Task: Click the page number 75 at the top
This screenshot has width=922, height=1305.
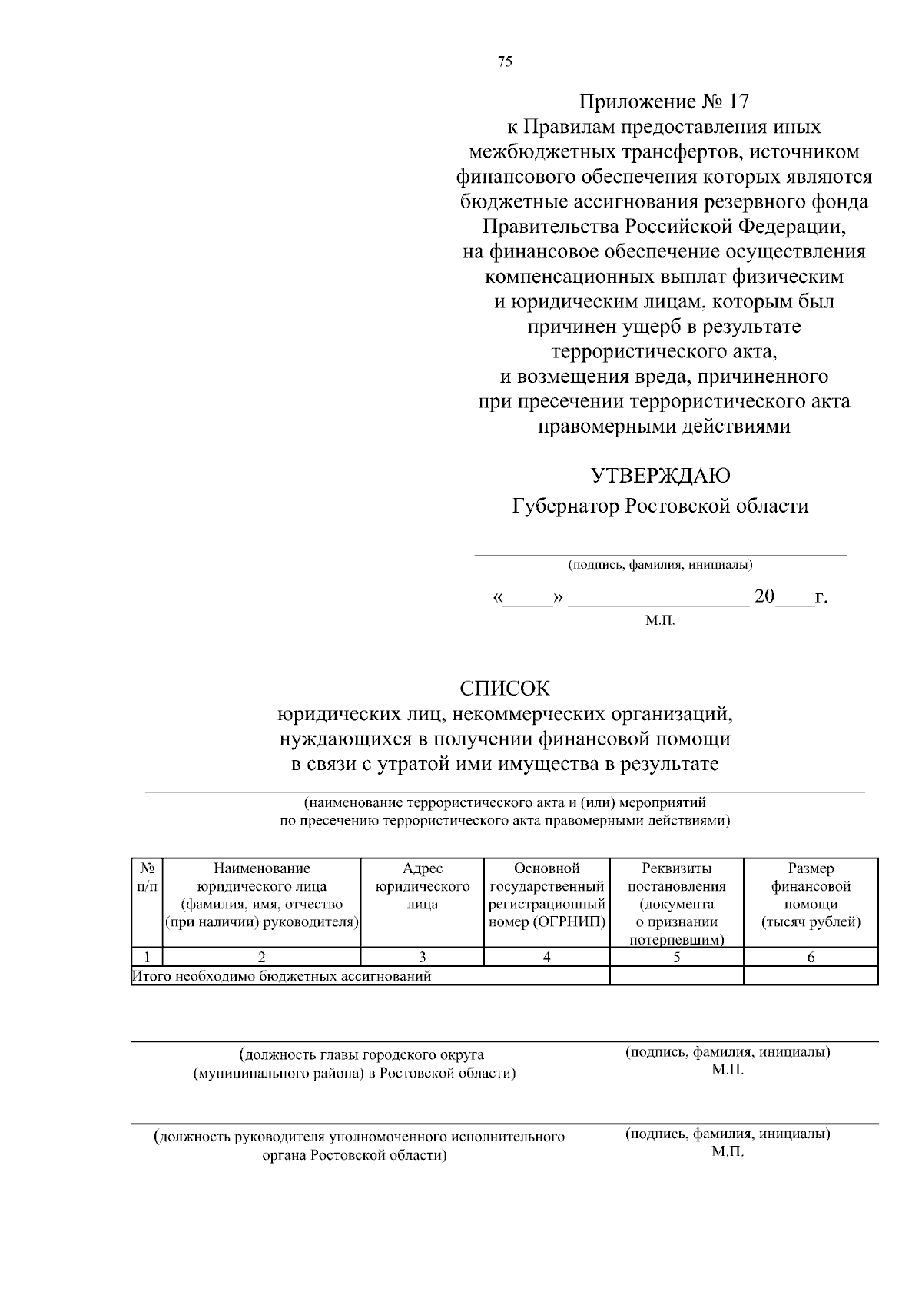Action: (x=505, y=63)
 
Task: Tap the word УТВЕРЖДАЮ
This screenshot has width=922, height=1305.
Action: (x=660, y=476)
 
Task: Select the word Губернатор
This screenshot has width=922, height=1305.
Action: (x=565, y=506)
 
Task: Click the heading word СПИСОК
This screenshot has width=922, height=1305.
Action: (x=505, y=689)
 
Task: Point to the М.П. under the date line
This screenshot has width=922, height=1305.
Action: (x=660, y=620)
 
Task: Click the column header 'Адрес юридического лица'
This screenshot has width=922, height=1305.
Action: (x=423, y=887)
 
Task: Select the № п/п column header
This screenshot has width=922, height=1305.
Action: (x=147, y=878)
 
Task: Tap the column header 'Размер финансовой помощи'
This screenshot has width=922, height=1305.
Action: (x=811, y=895)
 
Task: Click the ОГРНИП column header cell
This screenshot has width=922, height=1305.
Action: (x=547, y=895)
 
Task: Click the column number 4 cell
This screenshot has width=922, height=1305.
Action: (x=547, y=958)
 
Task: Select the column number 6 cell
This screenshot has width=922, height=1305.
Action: (x=811, y=958)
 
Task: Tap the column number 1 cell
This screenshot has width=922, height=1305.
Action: (x=147, y=958)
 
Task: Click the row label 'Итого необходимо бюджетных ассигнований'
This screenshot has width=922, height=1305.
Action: (x=282, y=977)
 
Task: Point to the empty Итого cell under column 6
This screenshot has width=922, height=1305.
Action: (x=811, y=976)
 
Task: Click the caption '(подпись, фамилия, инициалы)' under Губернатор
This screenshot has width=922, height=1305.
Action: (x=660, y=565)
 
